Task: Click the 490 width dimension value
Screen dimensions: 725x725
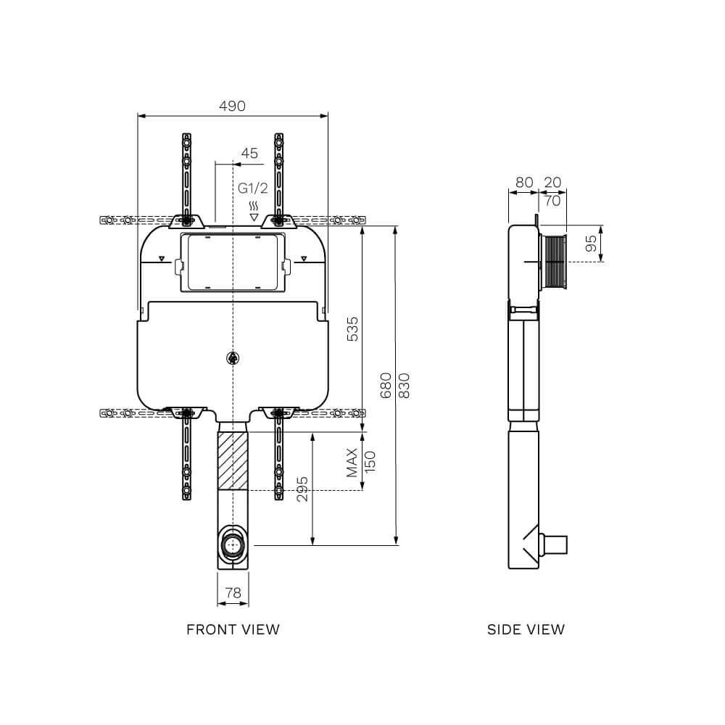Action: [x=232, y=106]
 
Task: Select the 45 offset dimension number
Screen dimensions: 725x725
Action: [x=249, y=153]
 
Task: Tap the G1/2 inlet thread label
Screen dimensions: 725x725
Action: [x=253, y=188]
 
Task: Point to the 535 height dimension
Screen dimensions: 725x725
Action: [x=352, y=328]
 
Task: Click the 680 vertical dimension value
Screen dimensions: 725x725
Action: [x=386, y=385]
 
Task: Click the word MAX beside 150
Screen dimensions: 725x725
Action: [x=352, y=462]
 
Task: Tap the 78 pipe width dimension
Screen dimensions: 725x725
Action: [x=233, y=592]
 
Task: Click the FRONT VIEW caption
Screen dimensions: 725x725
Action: [x=233, y=629]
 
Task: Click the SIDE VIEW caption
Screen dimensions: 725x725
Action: [x=526, y=629]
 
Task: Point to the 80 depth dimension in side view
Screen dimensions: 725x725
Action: [x=523, y=183]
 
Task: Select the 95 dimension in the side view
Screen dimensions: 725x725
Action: [x=592, y=244]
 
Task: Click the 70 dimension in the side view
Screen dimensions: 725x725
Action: [x=552, y=201]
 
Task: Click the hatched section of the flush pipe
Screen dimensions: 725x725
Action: [x=233, y=461]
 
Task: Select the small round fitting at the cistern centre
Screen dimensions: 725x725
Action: [x=233, y=357]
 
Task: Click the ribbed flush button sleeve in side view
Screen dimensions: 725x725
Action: [x=554, y=262]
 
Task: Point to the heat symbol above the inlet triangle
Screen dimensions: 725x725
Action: [x=254, y=205]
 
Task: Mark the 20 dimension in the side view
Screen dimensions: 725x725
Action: [x=552, y=183]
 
